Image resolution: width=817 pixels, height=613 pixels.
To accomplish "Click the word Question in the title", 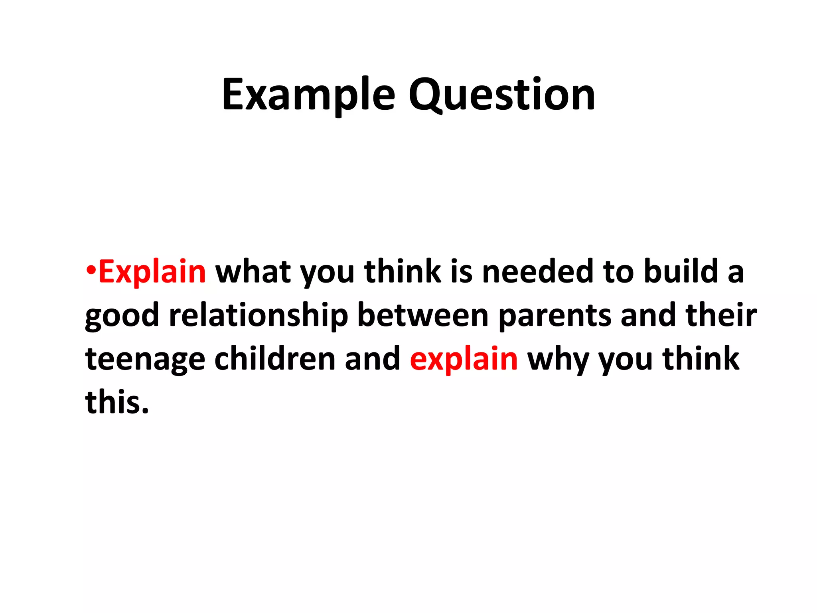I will (501, 95).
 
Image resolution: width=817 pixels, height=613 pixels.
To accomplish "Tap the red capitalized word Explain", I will (152, 272).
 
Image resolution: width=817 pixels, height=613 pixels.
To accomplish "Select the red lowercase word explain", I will (464, 359).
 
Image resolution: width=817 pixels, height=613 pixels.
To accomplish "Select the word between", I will (422, 315).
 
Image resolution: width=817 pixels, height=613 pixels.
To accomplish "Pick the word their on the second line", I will (721, 315).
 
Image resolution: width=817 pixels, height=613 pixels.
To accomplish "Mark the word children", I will (275, 359).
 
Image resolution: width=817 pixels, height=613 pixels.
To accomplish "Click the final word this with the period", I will (117, 402).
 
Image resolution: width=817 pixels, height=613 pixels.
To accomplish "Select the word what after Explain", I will (253, 272).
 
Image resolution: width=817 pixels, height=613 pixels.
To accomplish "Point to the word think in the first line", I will (403, 272).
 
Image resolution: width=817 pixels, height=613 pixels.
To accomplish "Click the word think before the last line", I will (701, 359).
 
